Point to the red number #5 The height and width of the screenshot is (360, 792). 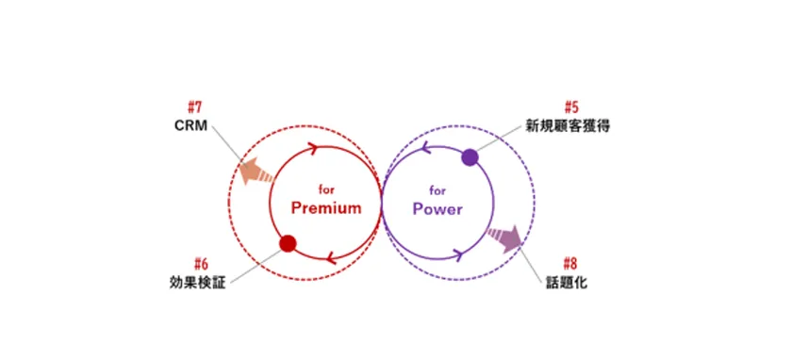[571, 106]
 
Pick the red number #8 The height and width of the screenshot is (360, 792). [571, 263]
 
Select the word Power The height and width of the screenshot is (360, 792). [437, 208]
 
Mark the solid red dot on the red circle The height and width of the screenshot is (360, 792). [289, 244]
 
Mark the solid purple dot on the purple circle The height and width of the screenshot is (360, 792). [470, 157]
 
